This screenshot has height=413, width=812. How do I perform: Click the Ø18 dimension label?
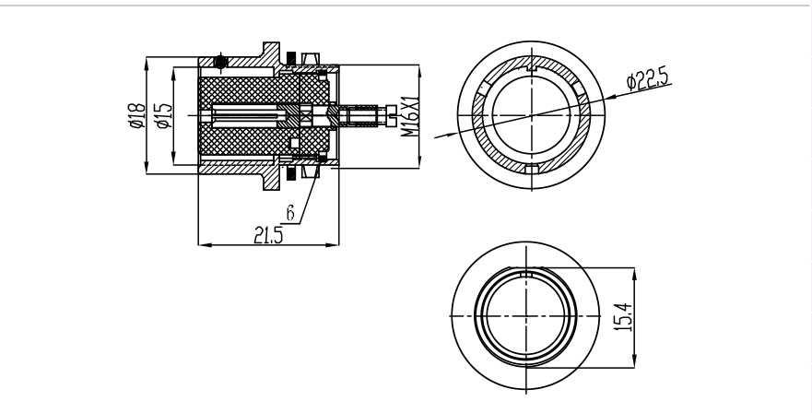coord(137,115)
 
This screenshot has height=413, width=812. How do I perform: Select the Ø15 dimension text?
coord(164,115)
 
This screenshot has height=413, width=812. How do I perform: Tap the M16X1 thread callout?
coord(410,115)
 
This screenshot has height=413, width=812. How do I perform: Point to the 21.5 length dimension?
coord(268,235)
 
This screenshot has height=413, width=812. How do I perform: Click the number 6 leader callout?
coord(290,212)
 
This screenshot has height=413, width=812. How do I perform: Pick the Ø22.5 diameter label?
coord(647,79)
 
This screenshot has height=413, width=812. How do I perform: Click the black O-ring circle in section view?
coord(220,62)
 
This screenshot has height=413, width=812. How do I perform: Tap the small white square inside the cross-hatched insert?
coord(295,143)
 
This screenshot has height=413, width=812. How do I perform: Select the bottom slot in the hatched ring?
coord(532,169)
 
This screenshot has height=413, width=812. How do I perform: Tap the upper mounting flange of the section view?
coord(271,53)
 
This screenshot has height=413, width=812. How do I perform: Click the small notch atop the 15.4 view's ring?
coord(526,274)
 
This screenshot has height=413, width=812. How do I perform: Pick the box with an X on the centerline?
coord(305,115)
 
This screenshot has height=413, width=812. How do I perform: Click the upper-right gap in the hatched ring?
coord(577,88)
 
